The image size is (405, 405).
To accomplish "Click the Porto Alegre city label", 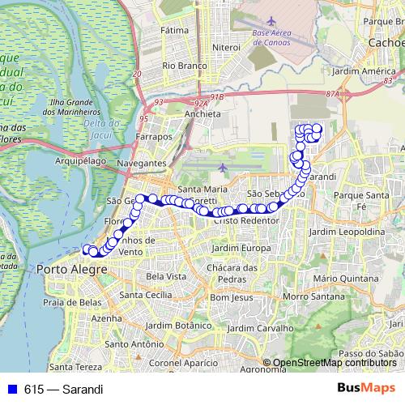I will (x=66, y=269).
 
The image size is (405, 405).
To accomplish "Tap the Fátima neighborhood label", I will (x=174, y=30).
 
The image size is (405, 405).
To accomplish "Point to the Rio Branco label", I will (x=182, y=65).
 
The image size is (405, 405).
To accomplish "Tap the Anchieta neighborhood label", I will (x=202, y=114).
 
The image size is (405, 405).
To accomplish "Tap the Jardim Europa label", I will (x=240, y=247).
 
